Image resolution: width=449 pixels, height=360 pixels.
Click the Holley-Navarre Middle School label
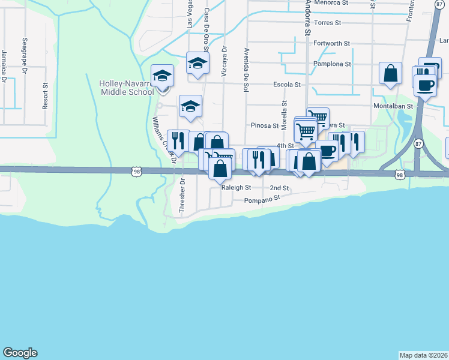(x=127, y=88)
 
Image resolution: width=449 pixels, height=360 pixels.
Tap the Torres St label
(x=327, y=23)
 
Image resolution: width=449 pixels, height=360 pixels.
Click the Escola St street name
(x=286, y=85)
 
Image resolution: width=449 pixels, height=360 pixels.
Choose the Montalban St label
(x=394, y=106)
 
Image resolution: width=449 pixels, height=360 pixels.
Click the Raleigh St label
(x=236, y=188)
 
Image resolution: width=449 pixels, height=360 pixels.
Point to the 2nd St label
(x=280, y=188)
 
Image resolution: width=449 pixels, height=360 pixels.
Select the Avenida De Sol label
(x=246, y=70)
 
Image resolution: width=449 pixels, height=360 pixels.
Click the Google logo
(x=20, y=353)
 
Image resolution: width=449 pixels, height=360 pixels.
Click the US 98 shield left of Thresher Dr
(x=136, y=171)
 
